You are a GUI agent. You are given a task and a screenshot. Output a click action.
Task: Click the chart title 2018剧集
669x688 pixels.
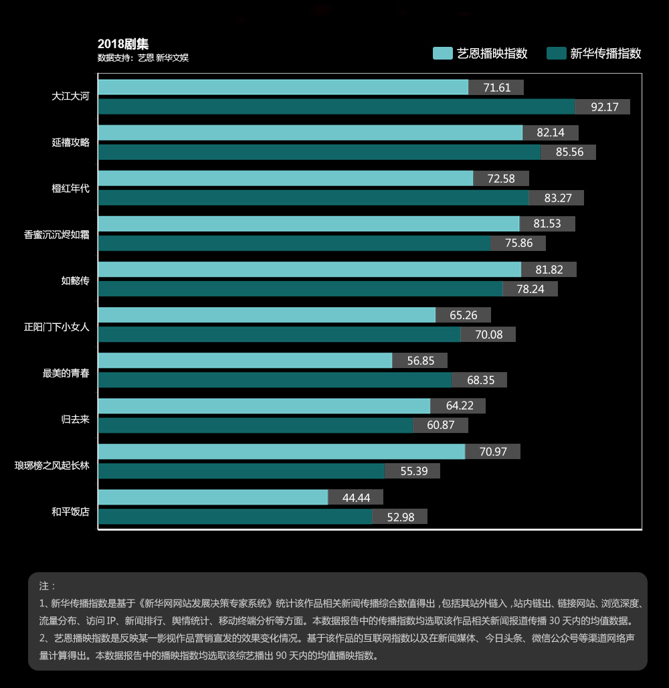[x=123, y=45]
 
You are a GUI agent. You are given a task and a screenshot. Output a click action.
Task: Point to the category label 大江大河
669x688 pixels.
[x=70, y=96]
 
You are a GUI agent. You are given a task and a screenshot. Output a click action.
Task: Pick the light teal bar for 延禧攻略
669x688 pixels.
[x=310, y=133]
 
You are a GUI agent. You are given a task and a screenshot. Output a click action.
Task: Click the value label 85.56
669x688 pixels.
[x=568, y=152]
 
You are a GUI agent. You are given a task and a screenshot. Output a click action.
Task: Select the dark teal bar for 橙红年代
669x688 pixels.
[x=313, y=197]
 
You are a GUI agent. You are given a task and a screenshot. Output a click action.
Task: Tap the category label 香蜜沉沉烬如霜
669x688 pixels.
[x=56, y=234]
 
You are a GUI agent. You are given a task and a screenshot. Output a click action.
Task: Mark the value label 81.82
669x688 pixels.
[x=549, y=270]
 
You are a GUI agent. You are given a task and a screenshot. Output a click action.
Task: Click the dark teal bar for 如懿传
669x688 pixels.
[x=300, y=288]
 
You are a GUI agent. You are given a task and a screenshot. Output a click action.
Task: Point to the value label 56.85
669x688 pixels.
[x=419, y=361]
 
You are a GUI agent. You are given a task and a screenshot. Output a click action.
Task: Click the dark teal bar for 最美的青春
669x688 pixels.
[x=274, y=379]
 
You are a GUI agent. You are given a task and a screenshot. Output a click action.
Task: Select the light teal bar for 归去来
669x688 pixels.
[x=264, y=406]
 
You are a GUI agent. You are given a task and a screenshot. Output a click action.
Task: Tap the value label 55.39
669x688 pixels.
[x=413, y=470]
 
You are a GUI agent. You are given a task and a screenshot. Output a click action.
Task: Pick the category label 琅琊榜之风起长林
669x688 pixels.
[x=52, y=465]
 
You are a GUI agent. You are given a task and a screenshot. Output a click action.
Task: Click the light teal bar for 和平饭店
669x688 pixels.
[x=213, y=497]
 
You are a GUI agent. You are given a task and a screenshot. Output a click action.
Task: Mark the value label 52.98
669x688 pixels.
[x=399, y=516]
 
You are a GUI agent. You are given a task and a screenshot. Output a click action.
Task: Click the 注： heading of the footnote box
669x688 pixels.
[x=47, y=586]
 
